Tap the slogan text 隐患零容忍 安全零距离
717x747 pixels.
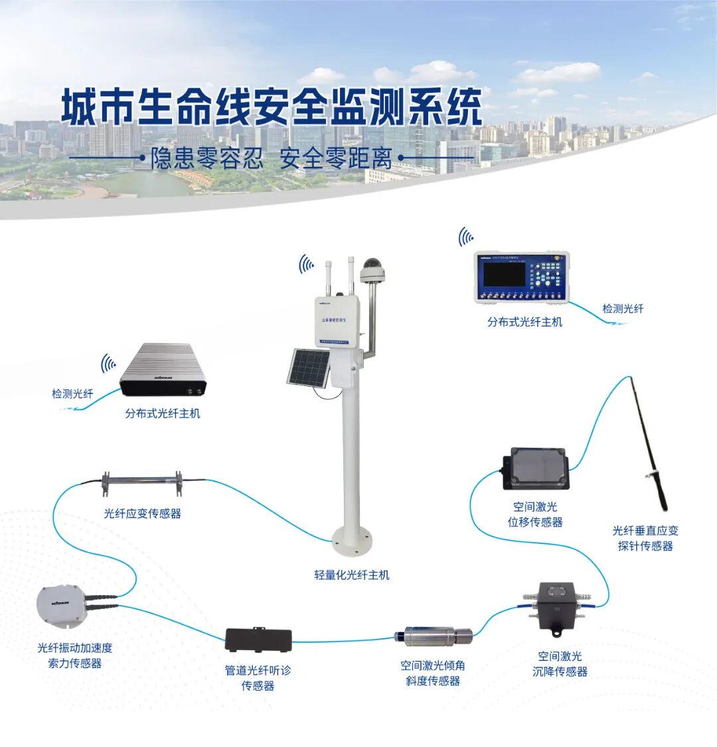[x=272, y=159]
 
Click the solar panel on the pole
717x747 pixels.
[x=308, y=368]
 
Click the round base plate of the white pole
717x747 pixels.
[x=351, y=541]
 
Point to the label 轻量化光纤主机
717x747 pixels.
[x=351, y=575]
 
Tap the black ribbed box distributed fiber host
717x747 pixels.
[x=163, y=372]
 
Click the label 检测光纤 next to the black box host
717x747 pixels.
[x=72, y=393]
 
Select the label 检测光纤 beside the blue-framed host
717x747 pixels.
[x=622, y=308]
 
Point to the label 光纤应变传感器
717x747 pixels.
[x=142, y=513]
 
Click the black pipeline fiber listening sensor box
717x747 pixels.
[x=258, y=640]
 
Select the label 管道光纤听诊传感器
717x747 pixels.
[x=258, y=677]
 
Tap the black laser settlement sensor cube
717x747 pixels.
[x=556, y=601]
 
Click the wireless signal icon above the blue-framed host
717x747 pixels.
[x=466, y=237]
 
